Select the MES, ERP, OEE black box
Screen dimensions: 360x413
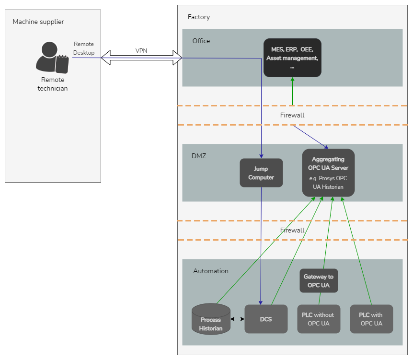tap(292, 58)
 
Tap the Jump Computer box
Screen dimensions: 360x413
tap(261, 173)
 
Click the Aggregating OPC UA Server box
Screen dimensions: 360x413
tap(328, 173)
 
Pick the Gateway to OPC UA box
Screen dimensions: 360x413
tap(319, 281)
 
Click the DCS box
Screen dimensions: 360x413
tap(266, 319)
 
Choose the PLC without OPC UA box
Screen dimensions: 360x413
tap(319, 319)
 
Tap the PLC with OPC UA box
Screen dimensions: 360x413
tap(371, 319)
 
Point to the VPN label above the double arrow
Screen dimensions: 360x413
tap(141, 51)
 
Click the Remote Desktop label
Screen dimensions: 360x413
tap(84, 48)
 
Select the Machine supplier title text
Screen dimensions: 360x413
tap(38, 22)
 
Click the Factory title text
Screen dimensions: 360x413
tap(199, 17)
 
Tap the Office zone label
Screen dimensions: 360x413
tap(201, 41)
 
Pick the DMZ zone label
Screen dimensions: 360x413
tap(199, 156)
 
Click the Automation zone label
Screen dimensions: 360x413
tap(211, 271)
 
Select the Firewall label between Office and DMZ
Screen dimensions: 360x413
tap(292, 116)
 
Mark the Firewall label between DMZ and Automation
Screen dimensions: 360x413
tap(292, 231)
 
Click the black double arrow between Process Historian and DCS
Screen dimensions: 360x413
tap(237, 319)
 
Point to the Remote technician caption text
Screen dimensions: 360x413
tap(53, 84)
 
